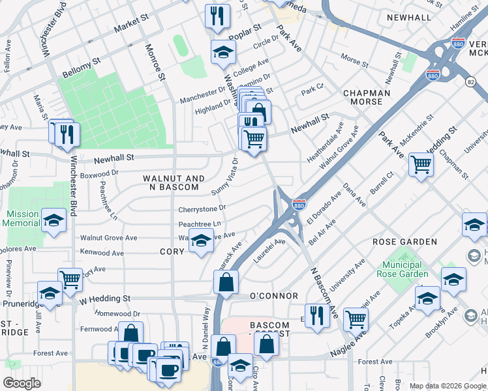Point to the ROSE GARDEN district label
click(404, 242)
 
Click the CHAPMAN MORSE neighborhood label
click(367, 98)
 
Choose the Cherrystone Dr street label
click(202, 209)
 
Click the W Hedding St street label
click(104, 298)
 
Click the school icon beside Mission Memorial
click(53, 220)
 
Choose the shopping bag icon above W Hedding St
click(225, 282)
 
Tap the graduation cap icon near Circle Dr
click(222, 52)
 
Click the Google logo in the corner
click(22, 383)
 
